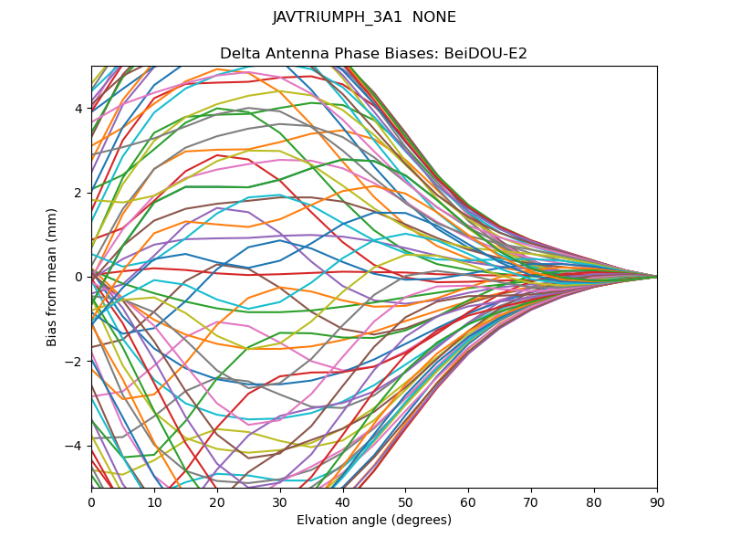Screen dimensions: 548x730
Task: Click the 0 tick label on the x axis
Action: [x=91, y=502]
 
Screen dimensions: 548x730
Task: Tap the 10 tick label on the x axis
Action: [x=154, y=502]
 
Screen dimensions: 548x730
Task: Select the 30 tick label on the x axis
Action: [x=280, y=502]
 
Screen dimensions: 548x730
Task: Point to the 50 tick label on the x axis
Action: [x=405, y=502]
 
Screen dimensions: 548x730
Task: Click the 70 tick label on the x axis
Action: [x=531, y=502]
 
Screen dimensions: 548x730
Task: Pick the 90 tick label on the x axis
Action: [x=657, y=502]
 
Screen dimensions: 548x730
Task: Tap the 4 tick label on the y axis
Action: [x=79, y=109]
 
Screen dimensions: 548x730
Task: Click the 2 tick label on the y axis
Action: [x=79, y=193]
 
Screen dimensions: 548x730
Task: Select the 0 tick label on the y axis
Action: [x=79, y=277]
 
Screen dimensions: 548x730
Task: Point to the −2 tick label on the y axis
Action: [x=76, y=361]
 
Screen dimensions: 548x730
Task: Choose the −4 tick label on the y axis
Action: [x=76, y=445]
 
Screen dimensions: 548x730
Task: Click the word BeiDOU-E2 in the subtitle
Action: [x=485, y=54]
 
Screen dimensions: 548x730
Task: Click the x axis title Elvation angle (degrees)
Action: [x=374, y=521]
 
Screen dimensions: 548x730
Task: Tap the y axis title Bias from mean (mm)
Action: [x=53, y=277]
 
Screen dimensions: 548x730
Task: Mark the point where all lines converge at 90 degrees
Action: [x=656, y=277]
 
